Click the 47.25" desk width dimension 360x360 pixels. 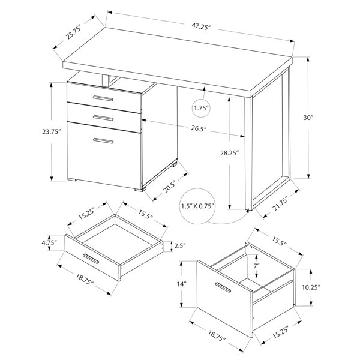(x=201, y=27)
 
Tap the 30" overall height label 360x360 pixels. (x=308, y=118)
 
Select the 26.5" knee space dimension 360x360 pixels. (x=199, y=129)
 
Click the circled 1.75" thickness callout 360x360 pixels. (x=201, y=108)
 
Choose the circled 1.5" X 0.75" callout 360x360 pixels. (x=197, y=206)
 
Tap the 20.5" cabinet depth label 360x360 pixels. (x=169, y=187)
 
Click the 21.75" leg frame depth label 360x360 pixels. (x=280, y=203)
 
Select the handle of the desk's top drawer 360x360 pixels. (x=103, y=98)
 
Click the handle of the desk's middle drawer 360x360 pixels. (x=103, y=118)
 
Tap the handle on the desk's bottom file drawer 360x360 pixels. (x=103, y=141)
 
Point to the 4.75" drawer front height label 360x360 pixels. (x=49, y=242)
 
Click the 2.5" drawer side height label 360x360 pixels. (x=180, y=246)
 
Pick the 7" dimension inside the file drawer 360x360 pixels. (x=256, y=266)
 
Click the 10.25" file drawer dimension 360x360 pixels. (x=311, y=287)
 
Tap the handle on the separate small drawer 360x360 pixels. (x=91, y=259)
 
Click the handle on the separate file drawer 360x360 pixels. (x=222, y=287)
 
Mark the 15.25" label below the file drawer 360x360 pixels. (x=280, y=332)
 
